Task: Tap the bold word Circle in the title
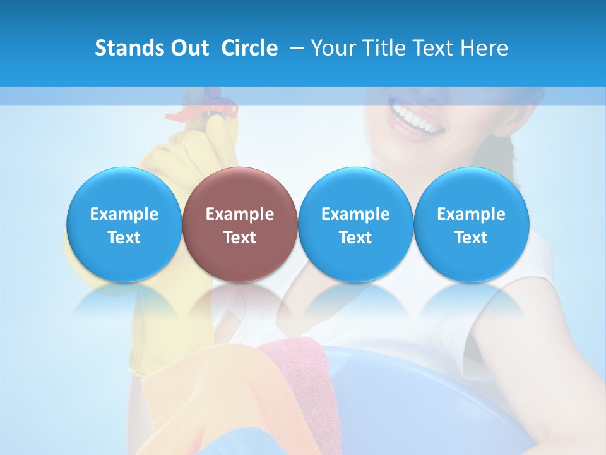(x=249, y=48)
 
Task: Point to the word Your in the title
(x=332, y=48)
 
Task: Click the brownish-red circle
(x=239, y=224)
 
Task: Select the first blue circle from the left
(x=124, y=224)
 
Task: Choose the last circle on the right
(x=471, y=224)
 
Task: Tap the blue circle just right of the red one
(x=355, y=224)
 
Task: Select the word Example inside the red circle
(x=240, y=214)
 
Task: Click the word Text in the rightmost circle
(x=471, y=238)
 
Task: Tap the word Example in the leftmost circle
(x=124, y=214)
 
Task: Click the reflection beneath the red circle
(x=239, y=300)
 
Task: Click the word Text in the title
(x=434, y=48)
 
